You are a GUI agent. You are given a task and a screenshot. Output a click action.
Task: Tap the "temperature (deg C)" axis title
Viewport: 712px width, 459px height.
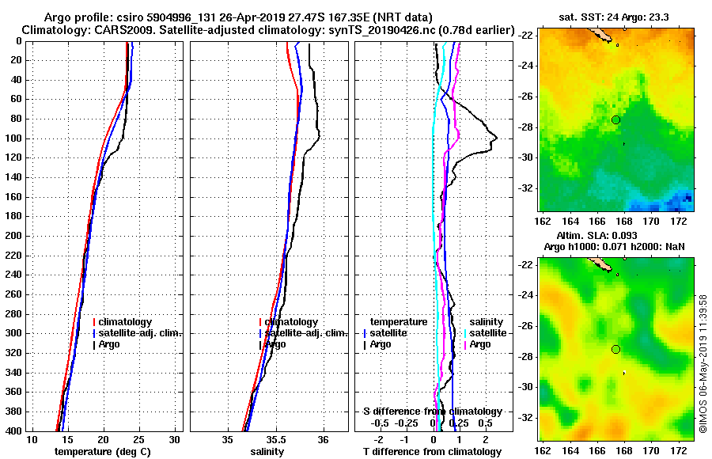point(103,452)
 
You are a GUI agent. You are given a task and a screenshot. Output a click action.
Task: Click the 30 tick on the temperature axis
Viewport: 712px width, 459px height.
point(175,439)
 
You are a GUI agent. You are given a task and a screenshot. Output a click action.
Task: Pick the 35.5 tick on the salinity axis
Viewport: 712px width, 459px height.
point(275,439)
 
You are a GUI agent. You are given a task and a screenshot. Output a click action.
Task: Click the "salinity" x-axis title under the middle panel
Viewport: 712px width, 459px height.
point(267,452)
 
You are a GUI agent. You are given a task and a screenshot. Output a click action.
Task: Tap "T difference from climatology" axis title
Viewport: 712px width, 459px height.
point(433,452)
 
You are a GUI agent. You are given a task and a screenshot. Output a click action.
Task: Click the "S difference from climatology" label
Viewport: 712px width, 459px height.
point(433,412)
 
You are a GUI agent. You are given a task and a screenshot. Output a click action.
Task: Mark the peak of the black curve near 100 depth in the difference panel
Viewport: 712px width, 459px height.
point(496,139)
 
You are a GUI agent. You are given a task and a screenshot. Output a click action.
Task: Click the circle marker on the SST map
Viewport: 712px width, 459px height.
point(615,119)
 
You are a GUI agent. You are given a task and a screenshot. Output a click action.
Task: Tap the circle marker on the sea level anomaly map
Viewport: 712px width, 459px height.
point(615,349)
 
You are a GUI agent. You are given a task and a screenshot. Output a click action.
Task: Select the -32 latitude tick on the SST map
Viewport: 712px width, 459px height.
point(527,188)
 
